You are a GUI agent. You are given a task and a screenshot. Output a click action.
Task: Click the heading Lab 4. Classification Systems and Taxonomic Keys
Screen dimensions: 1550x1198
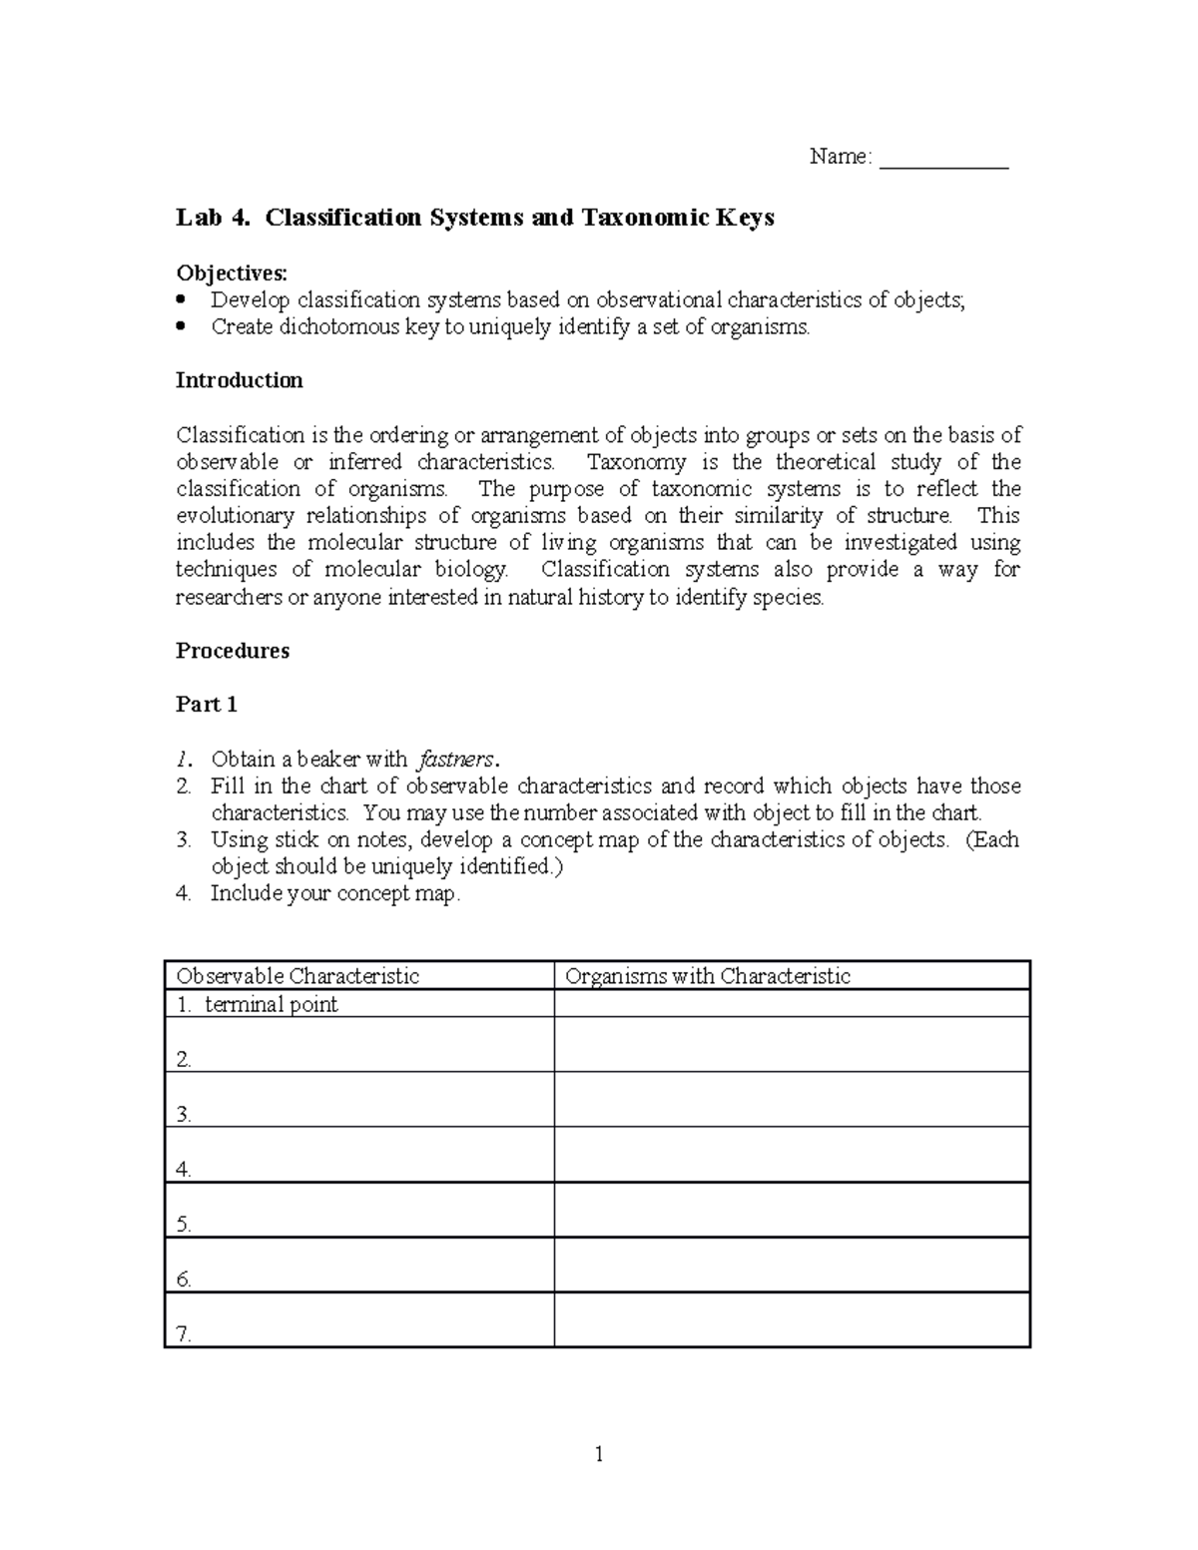tap(474, 218)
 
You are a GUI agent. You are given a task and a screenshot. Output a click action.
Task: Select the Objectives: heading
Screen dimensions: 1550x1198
tap(231, 272)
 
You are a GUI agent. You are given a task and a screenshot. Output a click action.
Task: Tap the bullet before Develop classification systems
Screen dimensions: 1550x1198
tap(181, 299)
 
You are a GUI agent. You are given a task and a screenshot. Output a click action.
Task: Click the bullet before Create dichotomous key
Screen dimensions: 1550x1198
tap(181, 326)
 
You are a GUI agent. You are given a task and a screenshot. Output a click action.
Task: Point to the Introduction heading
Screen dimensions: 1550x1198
tap(239, 380)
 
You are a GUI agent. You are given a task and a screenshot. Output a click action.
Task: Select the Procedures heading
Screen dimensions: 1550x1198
tap(232, 651)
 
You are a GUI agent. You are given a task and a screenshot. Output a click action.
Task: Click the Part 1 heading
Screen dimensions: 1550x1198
tap(206, 705)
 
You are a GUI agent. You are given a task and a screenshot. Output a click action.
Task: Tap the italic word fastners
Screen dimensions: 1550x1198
tap(456, 759)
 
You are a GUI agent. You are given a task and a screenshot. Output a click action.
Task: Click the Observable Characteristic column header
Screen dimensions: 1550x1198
tap(297, 976)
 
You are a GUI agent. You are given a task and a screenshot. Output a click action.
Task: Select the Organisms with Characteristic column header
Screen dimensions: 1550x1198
tap(707, 976)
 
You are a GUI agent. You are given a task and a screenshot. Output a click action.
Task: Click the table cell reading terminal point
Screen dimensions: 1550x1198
tap(271, 1004)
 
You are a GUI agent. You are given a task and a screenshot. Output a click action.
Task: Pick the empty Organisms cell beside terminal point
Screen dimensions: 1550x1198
tap(791, 1004)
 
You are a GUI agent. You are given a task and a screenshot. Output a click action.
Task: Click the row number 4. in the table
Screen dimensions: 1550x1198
tap(184, 1170)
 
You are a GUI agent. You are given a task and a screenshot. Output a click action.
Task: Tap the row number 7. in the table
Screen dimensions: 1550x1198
tap(184, 1334)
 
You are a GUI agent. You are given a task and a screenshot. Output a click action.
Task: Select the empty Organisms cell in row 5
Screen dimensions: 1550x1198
tap(791, 1210)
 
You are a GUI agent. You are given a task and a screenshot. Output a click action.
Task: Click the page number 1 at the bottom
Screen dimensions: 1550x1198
tap(599, 1454)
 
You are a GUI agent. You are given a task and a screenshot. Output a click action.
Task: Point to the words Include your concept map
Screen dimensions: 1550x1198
tap(335, 893)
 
